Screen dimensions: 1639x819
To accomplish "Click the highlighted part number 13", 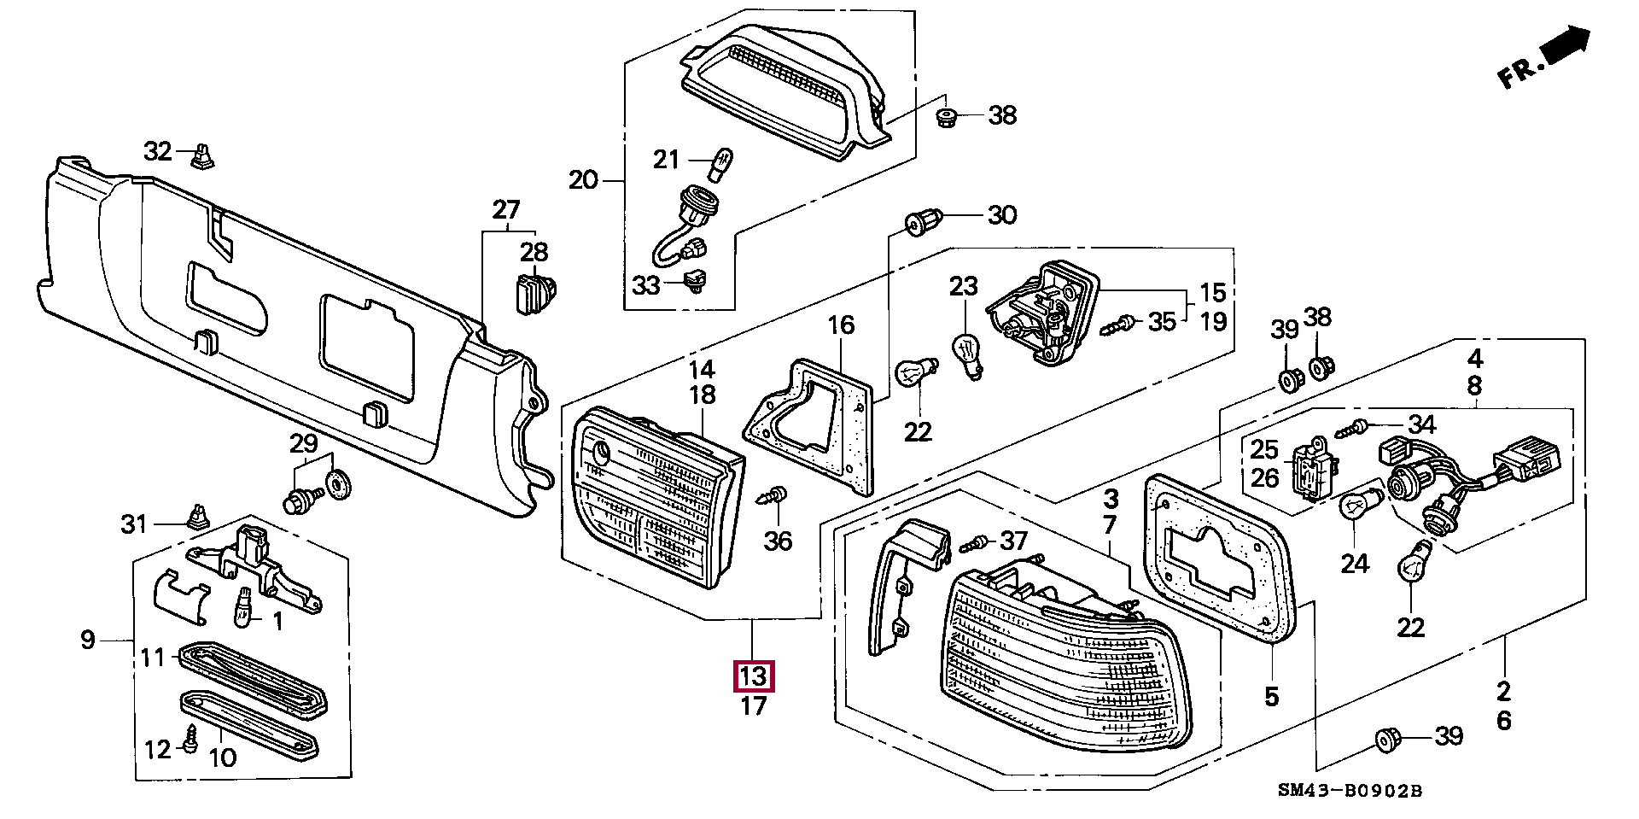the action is (754, 676).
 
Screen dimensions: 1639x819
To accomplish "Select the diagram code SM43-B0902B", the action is (1350, 790).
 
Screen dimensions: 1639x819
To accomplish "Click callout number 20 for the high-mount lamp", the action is (584, 180).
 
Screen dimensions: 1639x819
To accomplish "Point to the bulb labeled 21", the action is (720, 161).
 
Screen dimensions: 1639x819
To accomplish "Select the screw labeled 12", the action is (191, 737).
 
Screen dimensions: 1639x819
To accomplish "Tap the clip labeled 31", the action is (196, 516).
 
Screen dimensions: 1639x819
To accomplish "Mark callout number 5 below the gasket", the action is (1271, 696).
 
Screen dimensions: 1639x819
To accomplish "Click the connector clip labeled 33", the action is (697, 281).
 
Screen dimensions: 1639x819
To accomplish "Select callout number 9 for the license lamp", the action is (88, 639).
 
